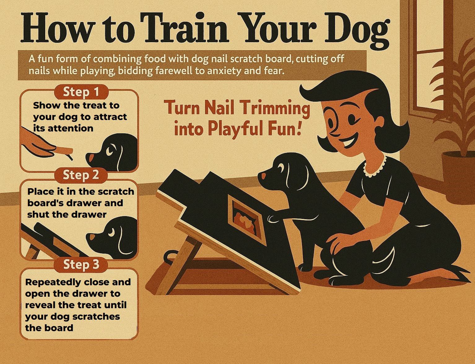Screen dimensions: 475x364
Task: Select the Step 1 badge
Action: click(x=81, y=92)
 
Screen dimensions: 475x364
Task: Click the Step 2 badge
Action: click(x=81, y=175)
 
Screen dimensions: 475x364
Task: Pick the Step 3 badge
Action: click(x=81, y=265)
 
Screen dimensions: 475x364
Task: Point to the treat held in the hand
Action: click(x=64, y=151)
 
